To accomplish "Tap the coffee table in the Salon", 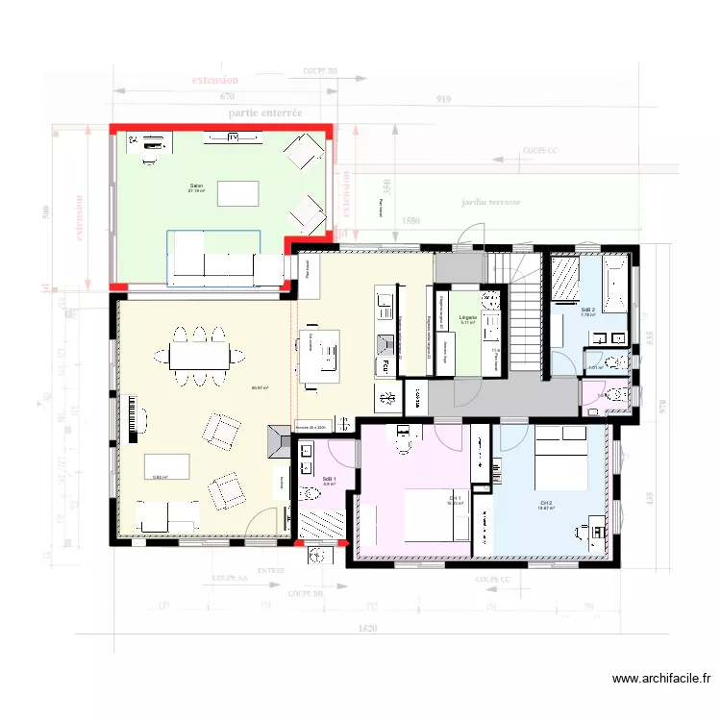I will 237,193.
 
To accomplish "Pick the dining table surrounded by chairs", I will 199,357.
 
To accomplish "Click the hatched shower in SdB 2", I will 564,281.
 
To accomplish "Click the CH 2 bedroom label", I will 546,504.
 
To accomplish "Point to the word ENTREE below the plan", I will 271,569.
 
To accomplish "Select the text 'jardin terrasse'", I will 490,203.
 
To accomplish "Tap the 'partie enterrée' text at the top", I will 265,112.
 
